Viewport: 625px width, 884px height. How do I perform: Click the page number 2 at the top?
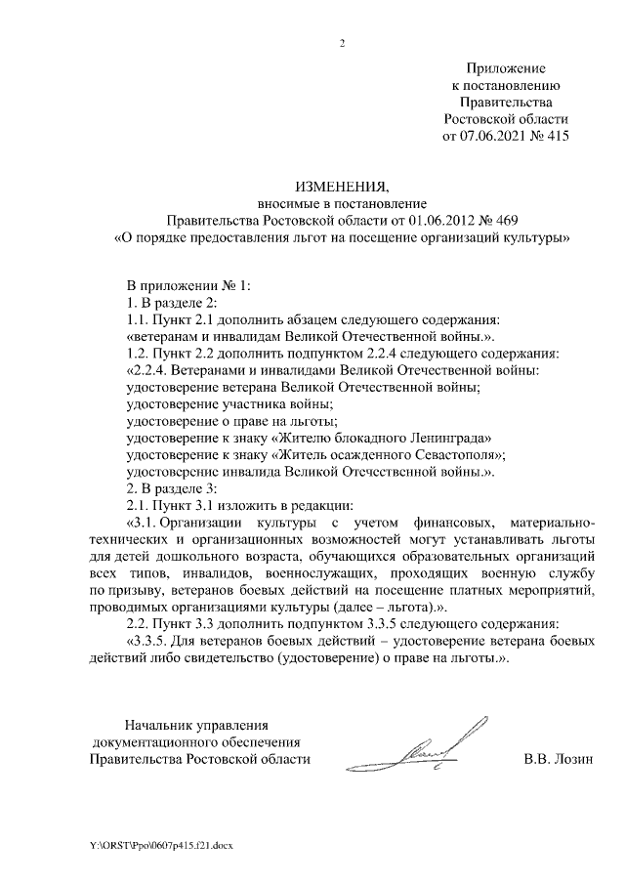(x=343, y=44)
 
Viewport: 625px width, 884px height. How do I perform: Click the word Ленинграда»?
(x=439, y=439)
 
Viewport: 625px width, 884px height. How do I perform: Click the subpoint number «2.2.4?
(x=150, y=371)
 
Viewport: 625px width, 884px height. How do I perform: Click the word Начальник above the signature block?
(x=158, y=725)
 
